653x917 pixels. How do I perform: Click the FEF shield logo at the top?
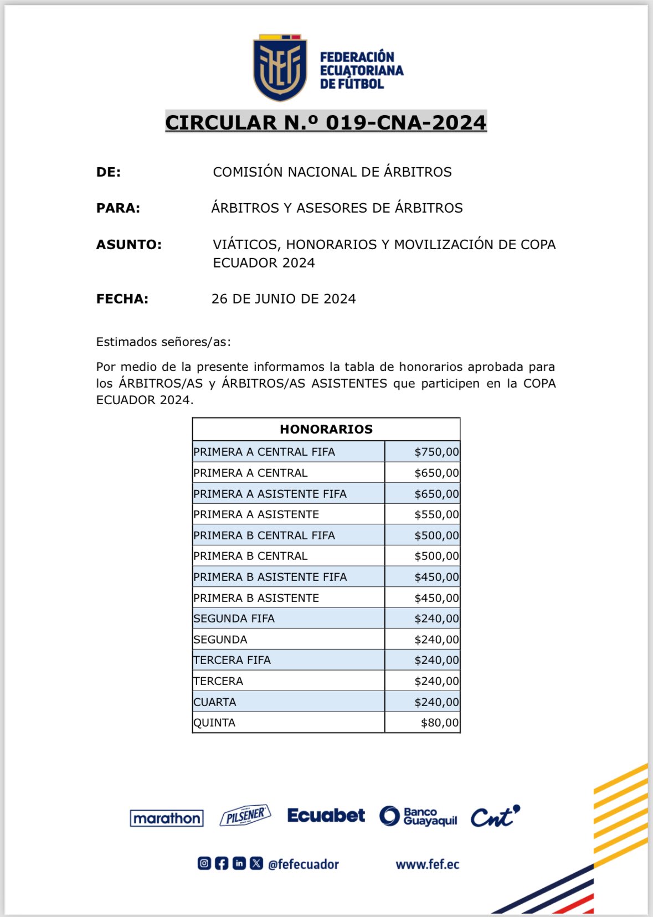click(280, 68)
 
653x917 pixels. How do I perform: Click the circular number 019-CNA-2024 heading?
click(326, 122)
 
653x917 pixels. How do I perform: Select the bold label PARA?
click(118, 208)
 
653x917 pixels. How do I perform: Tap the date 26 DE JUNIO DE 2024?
click(284, 299)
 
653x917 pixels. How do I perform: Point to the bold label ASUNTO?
click(129, 245)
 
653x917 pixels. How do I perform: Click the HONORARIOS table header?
click(326, 429)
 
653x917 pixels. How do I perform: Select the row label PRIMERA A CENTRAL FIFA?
click(264, 452)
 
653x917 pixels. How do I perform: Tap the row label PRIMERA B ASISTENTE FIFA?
click(270, 577)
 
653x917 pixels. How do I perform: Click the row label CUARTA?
click(215, 702)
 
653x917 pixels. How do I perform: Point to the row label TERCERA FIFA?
click(232, 660)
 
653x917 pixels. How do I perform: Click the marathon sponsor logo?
click(167, 818)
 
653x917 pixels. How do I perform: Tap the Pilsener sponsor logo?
click(245, 816)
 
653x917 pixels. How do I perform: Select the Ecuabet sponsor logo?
click(326, 816)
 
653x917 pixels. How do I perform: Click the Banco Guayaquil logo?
click(418, 816)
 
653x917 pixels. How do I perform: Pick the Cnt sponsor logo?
click(495, 816)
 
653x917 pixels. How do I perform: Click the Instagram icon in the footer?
click(204, 863)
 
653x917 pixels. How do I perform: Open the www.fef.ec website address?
click(428, 864)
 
